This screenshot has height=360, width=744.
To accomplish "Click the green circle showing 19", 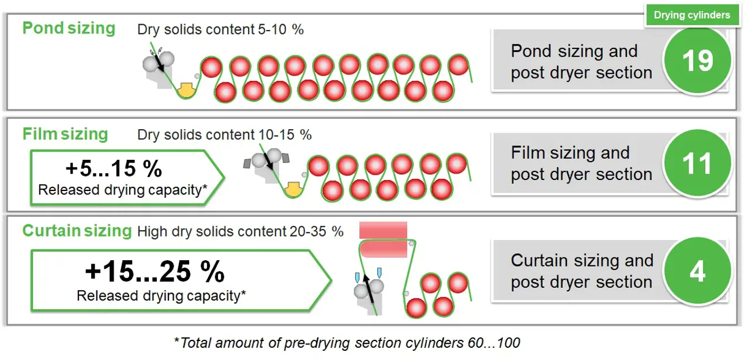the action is coord(697,60).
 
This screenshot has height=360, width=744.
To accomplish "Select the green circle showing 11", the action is coord(697,163).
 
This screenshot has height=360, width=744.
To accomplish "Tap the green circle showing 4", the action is coord(697,271).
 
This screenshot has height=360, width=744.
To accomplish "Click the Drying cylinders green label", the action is coord(692,15).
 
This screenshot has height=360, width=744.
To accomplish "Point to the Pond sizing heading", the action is coord(69,28).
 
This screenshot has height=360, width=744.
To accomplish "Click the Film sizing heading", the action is coord(65,134).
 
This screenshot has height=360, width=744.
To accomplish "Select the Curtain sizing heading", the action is coord(77,230).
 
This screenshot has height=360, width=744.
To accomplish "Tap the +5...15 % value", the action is coord(114,168).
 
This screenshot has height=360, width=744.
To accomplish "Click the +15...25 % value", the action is coord(155,272).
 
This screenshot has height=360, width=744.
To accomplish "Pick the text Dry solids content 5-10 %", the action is coord(220,29).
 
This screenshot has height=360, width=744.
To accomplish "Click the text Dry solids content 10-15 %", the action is coord(224,135).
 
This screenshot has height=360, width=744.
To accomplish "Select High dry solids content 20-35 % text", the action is coord(240,231).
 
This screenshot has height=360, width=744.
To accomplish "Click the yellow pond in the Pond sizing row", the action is coord(186,91).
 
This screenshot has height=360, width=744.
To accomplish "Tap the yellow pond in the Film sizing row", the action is coord(293,189).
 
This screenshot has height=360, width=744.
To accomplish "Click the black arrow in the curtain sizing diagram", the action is coord(369,288).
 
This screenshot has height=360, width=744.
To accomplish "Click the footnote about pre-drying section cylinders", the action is coord(347,343).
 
